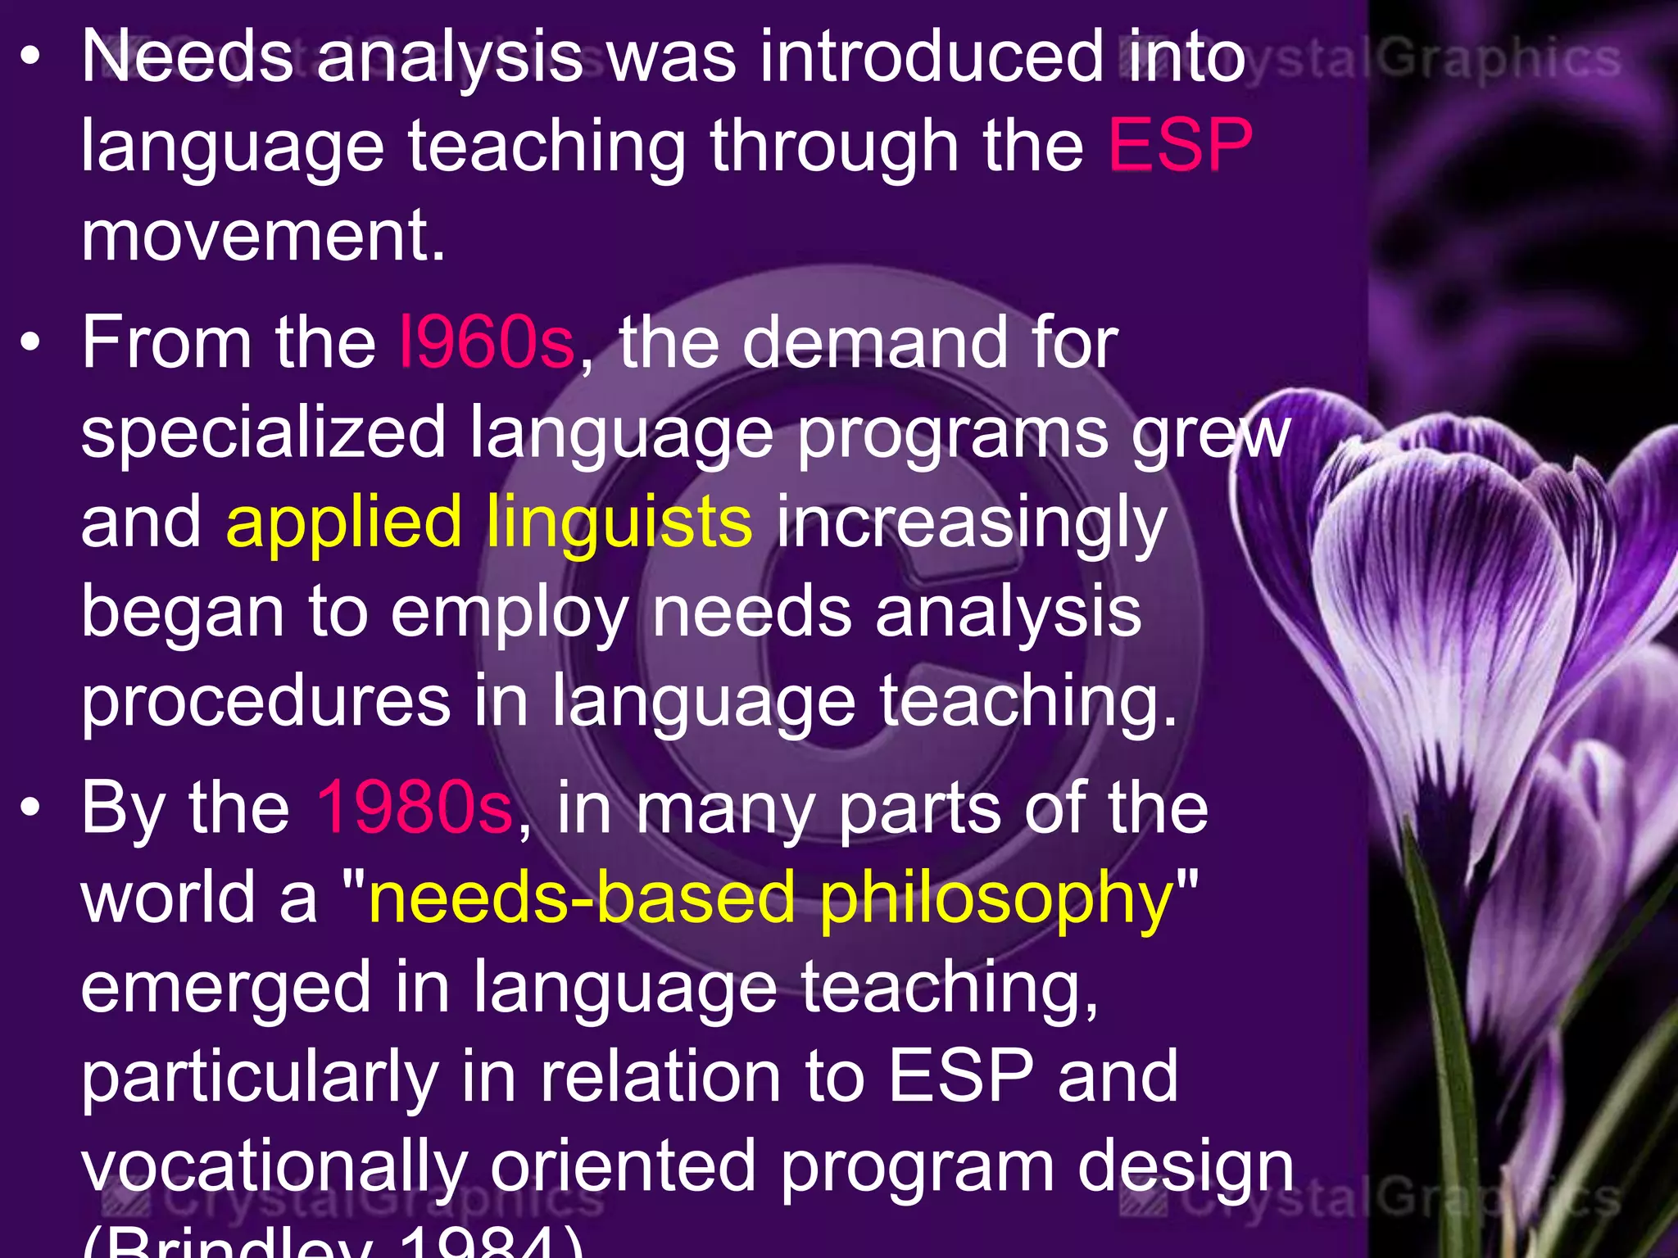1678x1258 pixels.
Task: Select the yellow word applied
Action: (x=344, y=524)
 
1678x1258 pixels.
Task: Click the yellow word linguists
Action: (x=619, y=524)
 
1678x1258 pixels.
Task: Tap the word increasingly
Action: (x=972, y=524)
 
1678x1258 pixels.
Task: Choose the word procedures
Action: (x=265, y=703)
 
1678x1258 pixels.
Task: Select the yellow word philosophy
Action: (x=996, y=899)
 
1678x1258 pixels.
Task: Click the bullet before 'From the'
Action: (x=30, y=344)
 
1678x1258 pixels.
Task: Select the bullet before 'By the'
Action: (x=30, y=808)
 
